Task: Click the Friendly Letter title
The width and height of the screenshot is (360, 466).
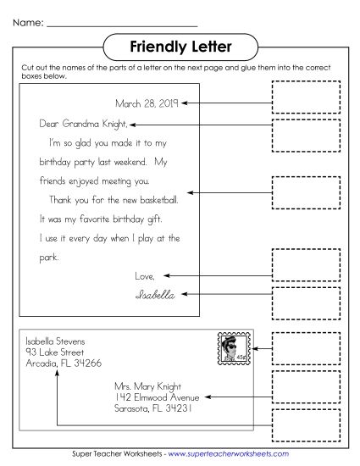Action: click(180, 45)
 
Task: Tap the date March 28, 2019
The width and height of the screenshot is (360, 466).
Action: click(147, 103)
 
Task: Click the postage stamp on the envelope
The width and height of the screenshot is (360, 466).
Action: click(227, 347)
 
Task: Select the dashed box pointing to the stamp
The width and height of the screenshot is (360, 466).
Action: click(306, 347)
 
